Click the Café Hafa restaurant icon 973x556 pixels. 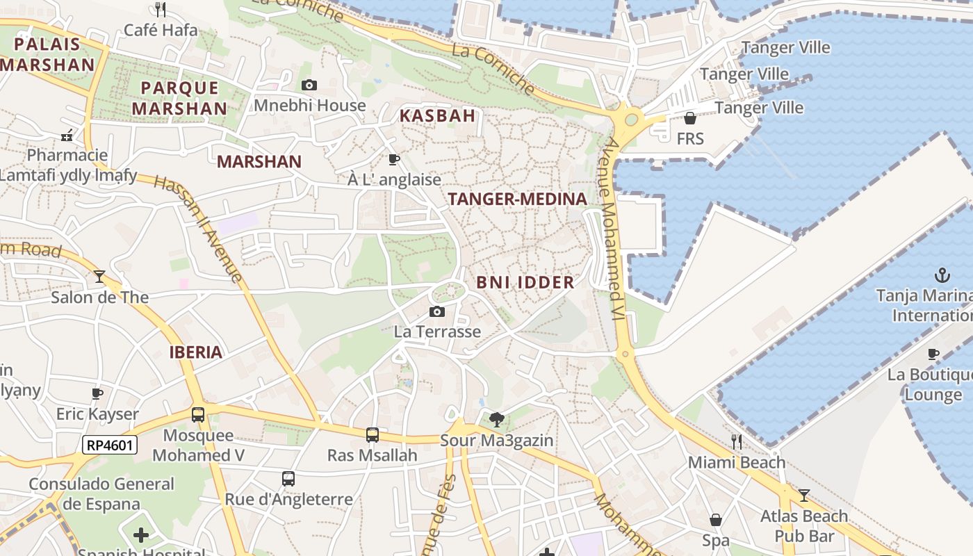161,9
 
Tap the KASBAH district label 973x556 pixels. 437,116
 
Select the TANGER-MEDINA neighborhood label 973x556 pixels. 518,199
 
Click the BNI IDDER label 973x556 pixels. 525,282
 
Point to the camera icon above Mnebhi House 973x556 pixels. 309,85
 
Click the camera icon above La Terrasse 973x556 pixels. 437,311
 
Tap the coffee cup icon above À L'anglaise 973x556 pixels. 394,159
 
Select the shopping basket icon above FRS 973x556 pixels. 690,118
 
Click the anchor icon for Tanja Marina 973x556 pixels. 942,275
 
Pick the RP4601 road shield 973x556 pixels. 110,445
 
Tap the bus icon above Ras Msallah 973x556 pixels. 373,435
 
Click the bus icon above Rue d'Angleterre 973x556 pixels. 288,479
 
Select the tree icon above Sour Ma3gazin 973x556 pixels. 496,419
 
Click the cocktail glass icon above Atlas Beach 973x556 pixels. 804,496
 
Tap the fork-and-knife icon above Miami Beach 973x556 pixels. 737,441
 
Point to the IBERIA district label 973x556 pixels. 196,352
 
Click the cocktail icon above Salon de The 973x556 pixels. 99,277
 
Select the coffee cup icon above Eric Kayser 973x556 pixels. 97,393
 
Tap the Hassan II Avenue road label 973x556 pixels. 198,229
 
